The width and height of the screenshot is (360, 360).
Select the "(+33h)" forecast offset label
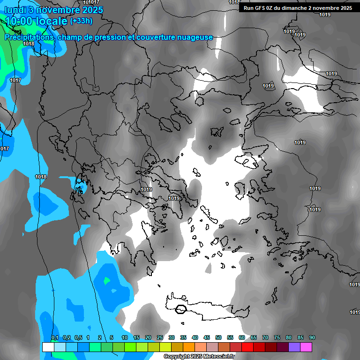(81, 21)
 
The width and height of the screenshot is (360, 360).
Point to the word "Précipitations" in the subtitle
(30, 37)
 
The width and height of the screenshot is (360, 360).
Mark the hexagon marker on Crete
(181, 309)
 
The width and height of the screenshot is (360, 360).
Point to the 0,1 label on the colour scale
(54, 338)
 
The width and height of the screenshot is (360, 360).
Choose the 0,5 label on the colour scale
(78, 338)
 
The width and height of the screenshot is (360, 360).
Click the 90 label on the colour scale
(312, 338)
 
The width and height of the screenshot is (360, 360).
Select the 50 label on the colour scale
(218, 338)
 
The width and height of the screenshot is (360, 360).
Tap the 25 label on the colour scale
(160, 338)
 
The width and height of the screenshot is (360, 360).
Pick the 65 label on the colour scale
(254, 338)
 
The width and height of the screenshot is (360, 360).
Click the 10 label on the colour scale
(125, 338)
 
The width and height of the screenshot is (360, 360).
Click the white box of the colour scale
(48, 347)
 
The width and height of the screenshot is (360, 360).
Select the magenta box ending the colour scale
(306, 347)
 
